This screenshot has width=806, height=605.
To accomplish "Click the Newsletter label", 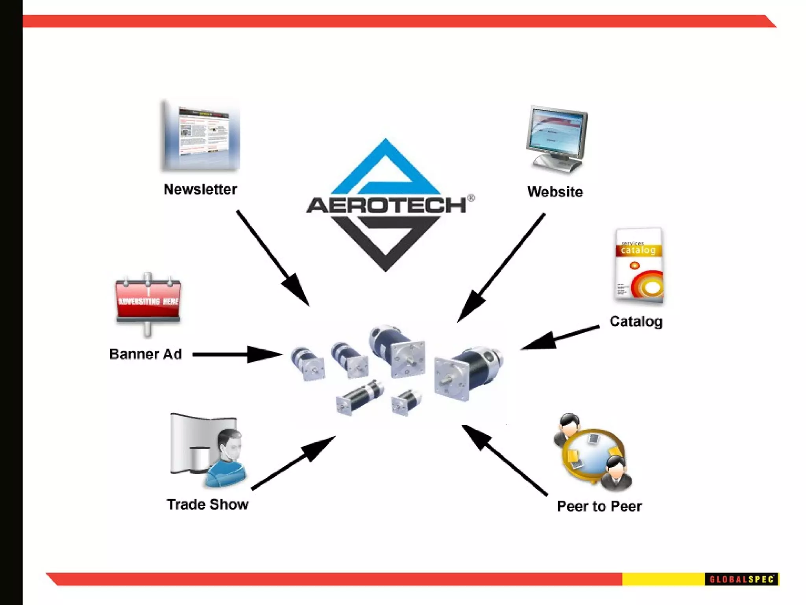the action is click(x=200, y=189).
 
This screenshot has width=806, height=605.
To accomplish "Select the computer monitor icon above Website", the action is click(x=556, y=138).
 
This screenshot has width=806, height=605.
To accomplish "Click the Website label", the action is click(x=555, y=192).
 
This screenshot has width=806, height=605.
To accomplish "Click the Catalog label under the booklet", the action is click(x=636, y=321).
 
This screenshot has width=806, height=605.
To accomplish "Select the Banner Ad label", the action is click(x=145, y=354).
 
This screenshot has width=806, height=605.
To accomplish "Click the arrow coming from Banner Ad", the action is click(x=236, y=354).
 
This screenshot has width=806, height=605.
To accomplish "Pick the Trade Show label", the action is click(x=207, y=505).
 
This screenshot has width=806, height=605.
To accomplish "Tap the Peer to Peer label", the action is click(x=599, y=507).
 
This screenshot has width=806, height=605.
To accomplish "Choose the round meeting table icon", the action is click(x=593, y=453).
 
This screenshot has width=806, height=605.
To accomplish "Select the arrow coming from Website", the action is click(x=501, y=268).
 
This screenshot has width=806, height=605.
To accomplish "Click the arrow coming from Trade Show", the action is click(x=293, y=463).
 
